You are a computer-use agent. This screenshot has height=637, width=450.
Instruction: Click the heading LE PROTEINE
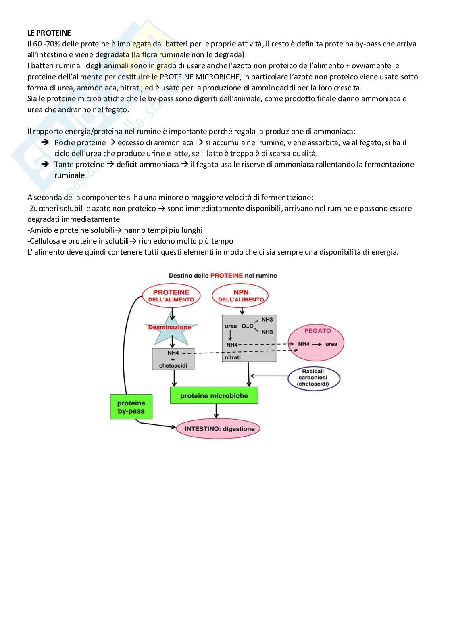pyautogui.click(x=49, y=33)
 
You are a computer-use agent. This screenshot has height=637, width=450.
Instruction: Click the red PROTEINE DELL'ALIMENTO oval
pyautogui.click(x=171, y=296)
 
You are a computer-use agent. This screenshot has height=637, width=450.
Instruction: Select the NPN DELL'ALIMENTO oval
pyautogui.click(x=241, y=296)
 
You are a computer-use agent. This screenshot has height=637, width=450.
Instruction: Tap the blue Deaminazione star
pyautogui.click(x=170, y=328)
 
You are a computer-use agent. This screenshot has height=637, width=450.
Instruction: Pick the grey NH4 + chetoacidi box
pyautogui.click(x=173, y=359)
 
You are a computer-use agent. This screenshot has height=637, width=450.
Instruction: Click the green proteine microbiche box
pyautogui.click(x=214, y=396)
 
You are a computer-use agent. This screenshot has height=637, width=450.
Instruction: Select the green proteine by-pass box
pyautogui.click(x=131, y=407)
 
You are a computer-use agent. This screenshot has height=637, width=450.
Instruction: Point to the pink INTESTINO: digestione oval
pyautogui.click(x=218, y=429)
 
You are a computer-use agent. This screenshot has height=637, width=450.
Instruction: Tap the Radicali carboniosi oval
pyautogui.click(x=313, y=378)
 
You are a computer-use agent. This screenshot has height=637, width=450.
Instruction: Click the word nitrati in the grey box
pyautogui.click(x=233, y=357)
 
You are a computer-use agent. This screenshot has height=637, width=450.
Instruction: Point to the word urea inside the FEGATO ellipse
pyautogui.click(x=331, y=344)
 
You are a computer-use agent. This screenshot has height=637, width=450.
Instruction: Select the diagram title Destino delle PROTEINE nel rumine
pyautogui.click(x=223, y=276)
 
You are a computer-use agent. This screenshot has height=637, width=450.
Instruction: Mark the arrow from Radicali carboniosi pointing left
pyautogui.click(x=269, y=376)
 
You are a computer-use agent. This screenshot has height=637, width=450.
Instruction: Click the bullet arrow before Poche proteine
pyautogui.click(x=46, y=142)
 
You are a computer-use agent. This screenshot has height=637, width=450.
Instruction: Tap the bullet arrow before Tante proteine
pyautogui.click(x=46, y=164)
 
